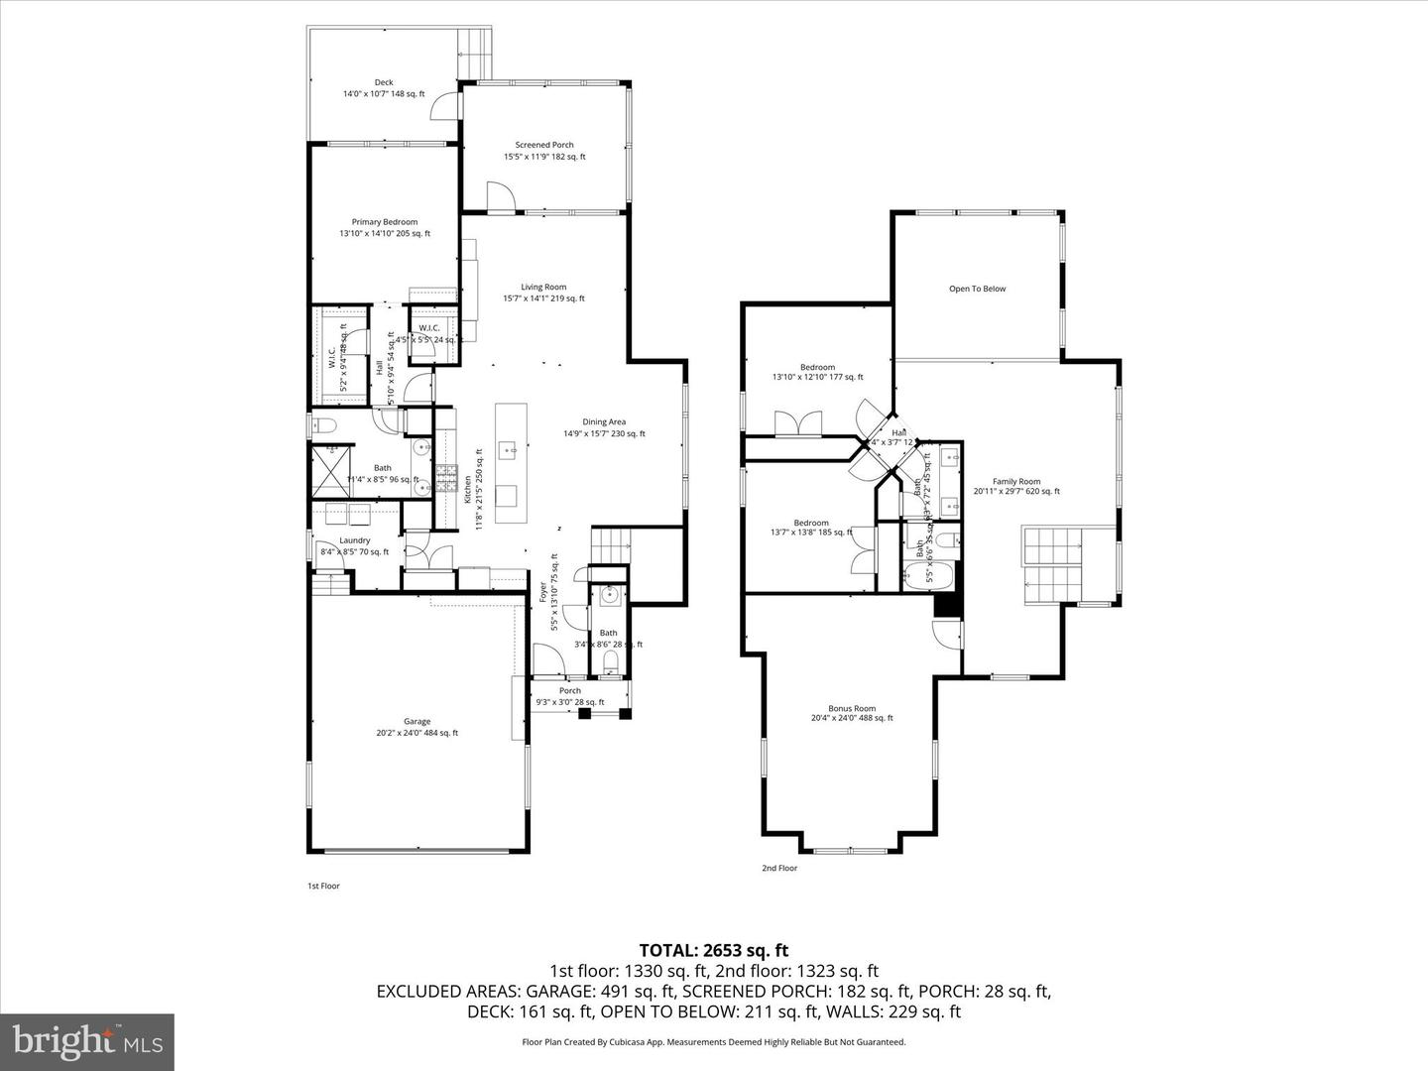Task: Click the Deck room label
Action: (384, 83)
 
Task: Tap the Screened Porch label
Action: (544, 145)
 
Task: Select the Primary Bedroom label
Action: (385, 222)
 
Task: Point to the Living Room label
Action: (543, 288)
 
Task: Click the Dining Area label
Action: (604, 422)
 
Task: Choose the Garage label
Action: (416, 722)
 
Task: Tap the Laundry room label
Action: (354, 540)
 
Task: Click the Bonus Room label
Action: (852, 708)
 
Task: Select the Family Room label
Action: (1015, 482)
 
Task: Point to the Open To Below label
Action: (977, 289)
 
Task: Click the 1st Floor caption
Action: (323, 886)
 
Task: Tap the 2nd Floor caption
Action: (779, 868)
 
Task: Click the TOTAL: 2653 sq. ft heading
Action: (714, 950)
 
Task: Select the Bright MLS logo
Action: (87, 1042)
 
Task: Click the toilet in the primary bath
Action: (323, 426)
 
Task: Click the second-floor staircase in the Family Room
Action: (1052, 565)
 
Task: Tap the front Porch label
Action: (570, 691)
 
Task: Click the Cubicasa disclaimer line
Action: (714, 1042)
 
